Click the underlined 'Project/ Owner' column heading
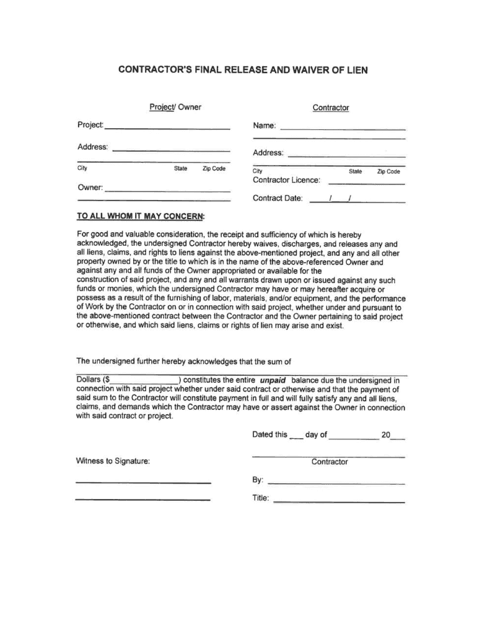(x=175, y=107)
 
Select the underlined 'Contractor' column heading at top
(x=331, y=108)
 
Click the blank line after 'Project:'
(x=167, y=128)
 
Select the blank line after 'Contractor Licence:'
(x=366, y=184)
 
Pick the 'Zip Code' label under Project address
(x=214, y=168)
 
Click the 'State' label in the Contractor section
(x=356, y=172)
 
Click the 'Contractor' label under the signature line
(x=330, y=462)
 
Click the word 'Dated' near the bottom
(x=263, y=435)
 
